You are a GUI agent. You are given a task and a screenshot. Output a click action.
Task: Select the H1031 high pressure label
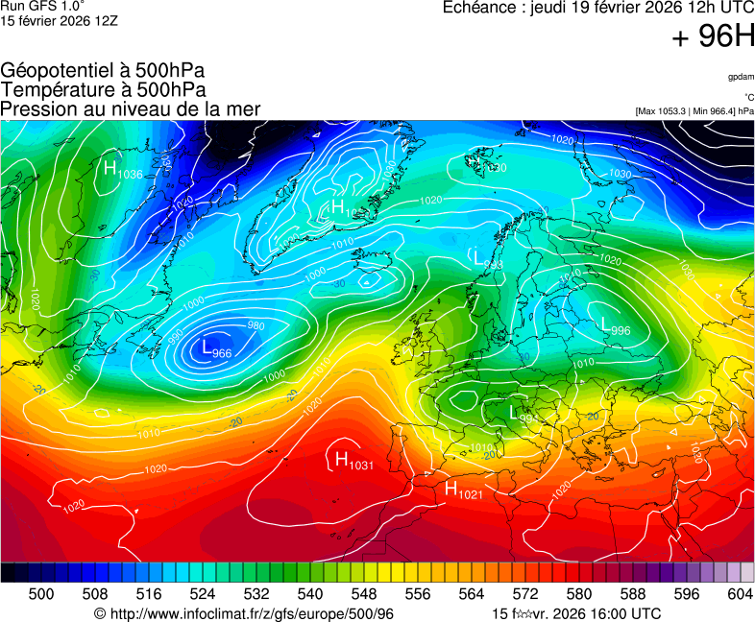(x=353, y=462)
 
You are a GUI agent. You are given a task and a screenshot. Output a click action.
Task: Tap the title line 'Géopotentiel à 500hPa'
(x=103, y=71)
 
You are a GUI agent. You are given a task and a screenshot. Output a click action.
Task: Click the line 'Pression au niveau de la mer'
(x=131, y=109)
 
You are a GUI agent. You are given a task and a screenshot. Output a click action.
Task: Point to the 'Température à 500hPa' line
(x=103, y=90)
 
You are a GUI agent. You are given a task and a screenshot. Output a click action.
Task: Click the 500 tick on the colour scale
(x=41, y=595)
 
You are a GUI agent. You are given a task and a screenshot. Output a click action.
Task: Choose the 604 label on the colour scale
(x=741, y=595)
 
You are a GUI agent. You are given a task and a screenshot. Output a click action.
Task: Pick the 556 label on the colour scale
(x=417, y=595)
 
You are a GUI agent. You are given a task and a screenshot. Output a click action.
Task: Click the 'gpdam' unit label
(x=740, y=76)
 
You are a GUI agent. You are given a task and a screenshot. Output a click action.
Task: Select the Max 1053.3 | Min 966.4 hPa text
(x=694, y=111)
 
